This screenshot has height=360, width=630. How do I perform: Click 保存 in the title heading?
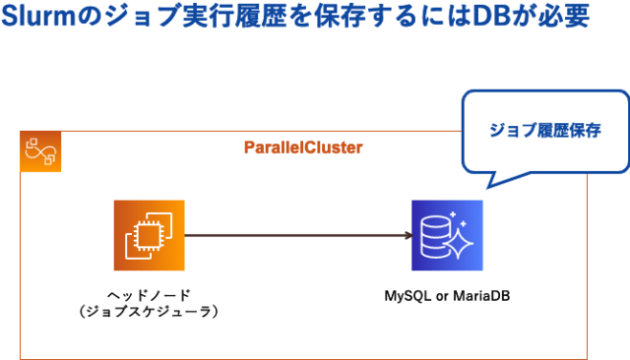coord(328,18)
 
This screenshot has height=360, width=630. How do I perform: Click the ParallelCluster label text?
coord(302,148)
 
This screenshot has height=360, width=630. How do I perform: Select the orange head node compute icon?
coord(149,235)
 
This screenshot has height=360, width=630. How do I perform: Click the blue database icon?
coord(447,235)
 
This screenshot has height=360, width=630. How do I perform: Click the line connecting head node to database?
coord(295,235)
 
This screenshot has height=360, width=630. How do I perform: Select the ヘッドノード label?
coord(149,294)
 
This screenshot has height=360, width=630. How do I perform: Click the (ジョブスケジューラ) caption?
coord(149,311)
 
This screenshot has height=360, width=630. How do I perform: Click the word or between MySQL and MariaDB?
coord(439,295)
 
